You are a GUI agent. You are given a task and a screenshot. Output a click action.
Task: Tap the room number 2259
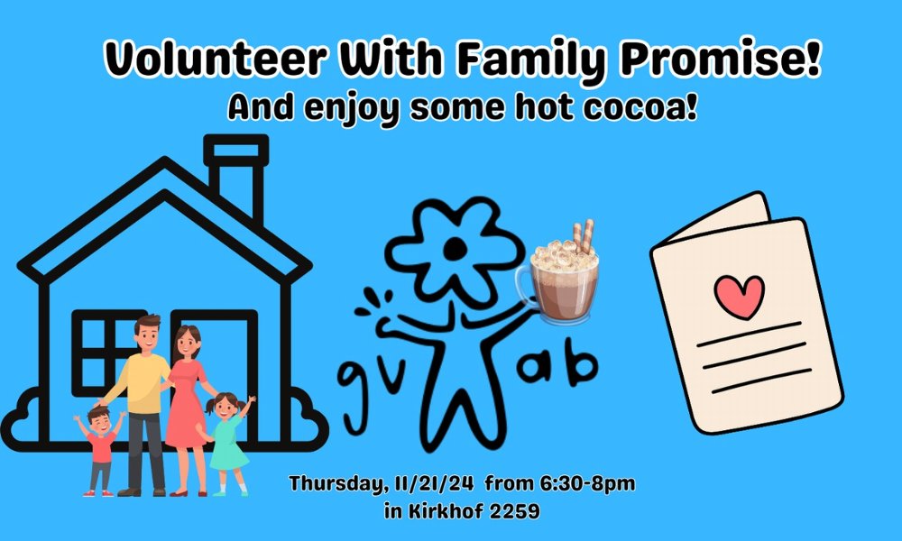[x=512, y=511]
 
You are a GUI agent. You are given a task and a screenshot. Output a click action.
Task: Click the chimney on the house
[x=235, y=176]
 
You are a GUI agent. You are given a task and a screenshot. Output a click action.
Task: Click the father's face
[x=147, y=336]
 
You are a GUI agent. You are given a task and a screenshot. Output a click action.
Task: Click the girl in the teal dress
[x=228, y=442]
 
